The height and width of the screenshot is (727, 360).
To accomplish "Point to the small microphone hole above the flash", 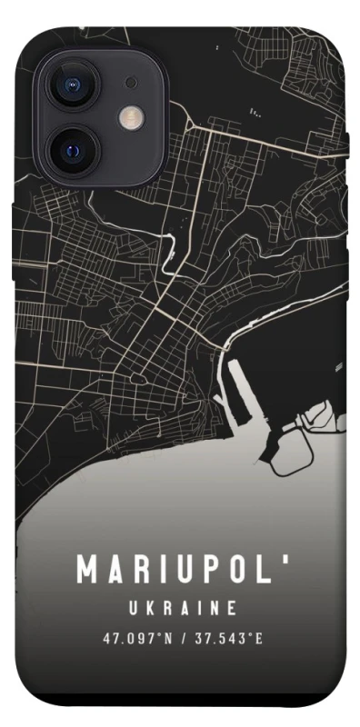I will click(132, 83).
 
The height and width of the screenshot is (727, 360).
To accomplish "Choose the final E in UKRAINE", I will click(233, 606).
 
